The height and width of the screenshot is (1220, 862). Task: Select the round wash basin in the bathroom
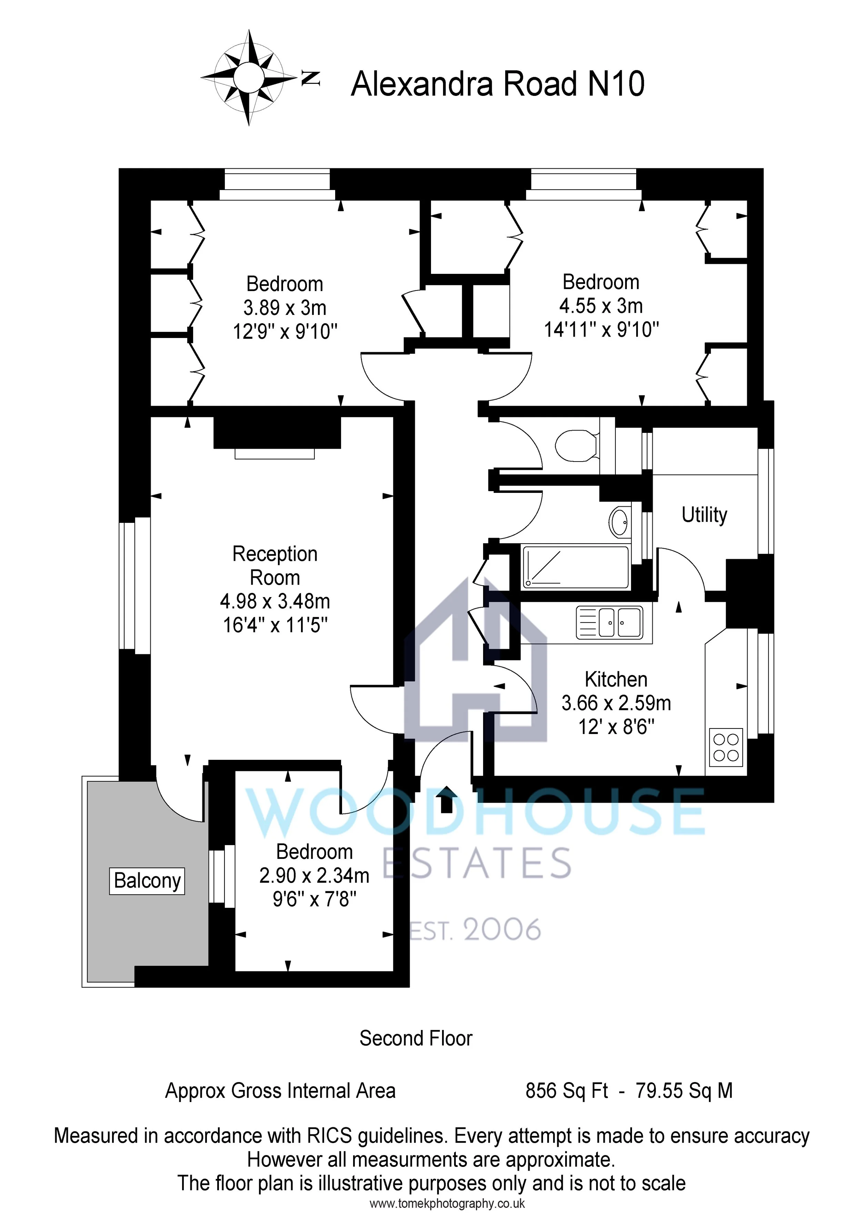[x=619, y=522]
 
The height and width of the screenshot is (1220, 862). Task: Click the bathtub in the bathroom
[x=576, y=567]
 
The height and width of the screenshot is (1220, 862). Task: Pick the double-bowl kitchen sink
[x=609, y=622]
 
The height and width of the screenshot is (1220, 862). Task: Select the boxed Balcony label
[x=147, y=881]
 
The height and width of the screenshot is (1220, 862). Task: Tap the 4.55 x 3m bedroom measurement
[x=601, y=306]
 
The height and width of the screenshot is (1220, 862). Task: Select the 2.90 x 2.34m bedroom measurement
[x=314, y=875]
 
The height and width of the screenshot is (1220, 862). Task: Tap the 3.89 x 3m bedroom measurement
[x=285, y=308]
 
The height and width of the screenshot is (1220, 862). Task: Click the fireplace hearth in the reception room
[x=274, y=453]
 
